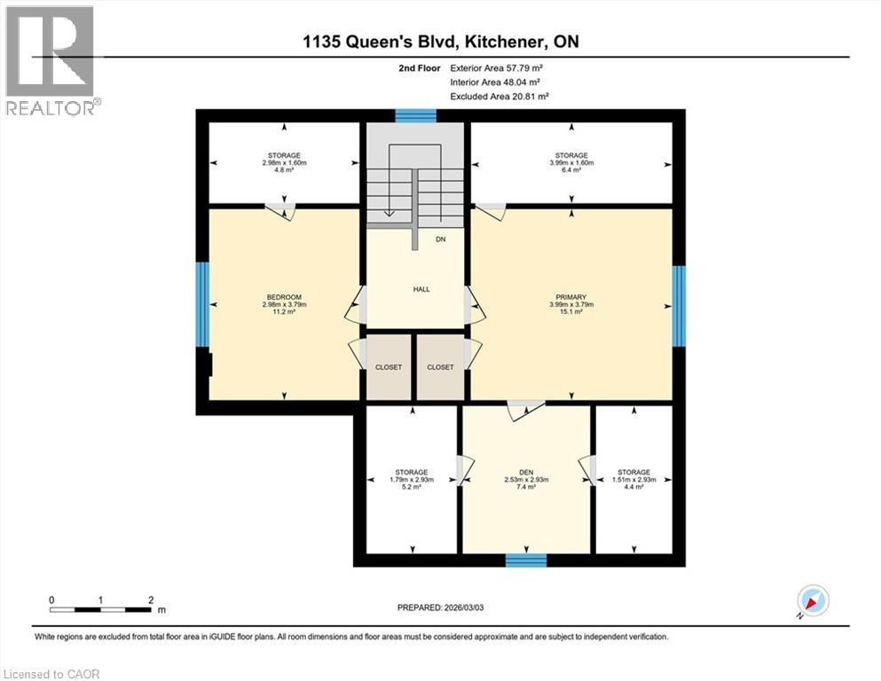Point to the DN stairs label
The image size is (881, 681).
[440, 239]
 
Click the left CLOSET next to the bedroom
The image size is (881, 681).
[388, 367]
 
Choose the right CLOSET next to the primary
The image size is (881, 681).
[440, 367]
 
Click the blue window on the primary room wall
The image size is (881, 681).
[679, 306]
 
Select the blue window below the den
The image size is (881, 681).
[525, 560]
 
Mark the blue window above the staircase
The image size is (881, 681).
[415, 115]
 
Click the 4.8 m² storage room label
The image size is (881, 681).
[283, 163]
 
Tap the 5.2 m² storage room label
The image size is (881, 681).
[411, 479]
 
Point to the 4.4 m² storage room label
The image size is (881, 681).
[633, 479]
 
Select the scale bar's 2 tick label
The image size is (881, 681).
[152, 599]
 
